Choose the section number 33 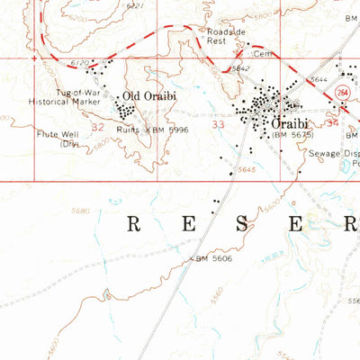[x=217, y=127]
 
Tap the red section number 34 [x=333, y=121]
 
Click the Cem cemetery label [x=261, y=54]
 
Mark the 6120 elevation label [x=80, y=63]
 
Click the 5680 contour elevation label [x=79, y=211]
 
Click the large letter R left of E [x=131, y=224]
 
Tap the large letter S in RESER [x=241, y=224]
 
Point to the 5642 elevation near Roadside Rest [x=238, y=68]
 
